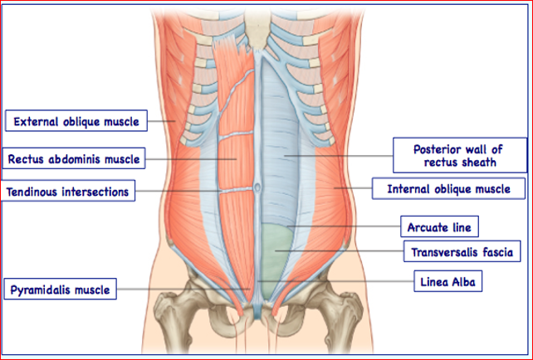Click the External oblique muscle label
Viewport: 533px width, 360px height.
pos(76,121)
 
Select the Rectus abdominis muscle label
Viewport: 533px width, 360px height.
pos(75,157)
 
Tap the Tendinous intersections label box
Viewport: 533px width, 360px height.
pos(68,192)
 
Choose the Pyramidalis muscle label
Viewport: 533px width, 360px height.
pos(59,289)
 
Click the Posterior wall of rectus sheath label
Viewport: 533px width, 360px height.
pos(459,155)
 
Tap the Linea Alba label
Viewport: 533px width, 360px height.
pos(447,283)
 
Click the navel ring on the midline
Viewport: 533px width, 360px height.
pos(257,188)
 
